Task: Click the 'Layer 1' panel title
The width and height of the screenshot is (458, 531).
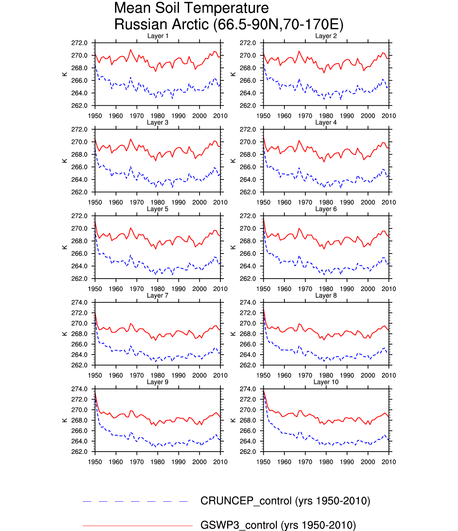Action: pyautogui.click(x=158, y=36)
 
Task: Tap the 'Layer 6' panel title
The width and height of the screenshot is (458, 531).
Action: pyautogui.click(x=326, y=209)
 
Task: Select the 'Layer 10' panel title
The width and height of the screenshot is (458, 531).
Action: pyautogui.click(x=326, y=382)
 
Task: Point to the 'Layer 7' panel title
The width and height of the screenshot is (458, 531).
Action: pyautogui.click(x=158, y=295)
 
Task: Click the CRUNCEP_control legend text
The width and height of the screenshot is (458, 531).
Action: pyautogui.click(x=285, y=501)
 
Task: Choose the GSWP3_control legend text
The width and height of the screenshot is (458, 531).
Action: pyautogui.click(x=278, y=525)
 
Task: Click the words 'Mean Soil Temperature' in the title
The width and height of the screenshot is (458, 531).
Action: pyautogui.click(x=191, y=8)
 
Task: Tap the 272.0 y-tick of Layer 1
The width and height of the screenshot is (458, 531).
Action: pyautogui.click(x=79, y=43)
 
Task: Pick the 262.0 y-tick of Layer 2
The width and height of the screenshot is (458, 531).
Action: pyautogui.click(x=248, y=106)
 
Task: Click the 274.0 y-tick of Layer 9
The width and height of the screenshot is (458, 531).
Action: pyautogui.click(x=79, y=389)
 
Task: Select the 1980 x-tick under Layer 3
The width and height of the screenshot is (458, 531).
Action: pyautogui.click(x=158, y=202)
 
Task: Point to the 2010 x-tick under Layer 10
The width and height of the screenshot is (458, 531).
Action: pyautogui.click(x=389, y=462)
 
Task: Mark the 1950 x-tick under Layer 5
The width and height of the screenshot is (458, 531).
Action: pyautogui.click(x=95, y=289)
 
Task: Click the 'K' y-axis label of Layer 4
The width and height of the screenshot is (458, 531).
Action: pyautogui.click(x=233, y=161)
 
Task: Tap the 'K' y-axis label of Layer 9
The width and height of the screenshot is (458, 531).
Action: pyautogui.click(x=65, y=420)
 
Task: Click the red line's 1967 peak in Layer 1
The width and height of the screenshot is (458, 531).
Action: pyautogui.click(x=131, y=50)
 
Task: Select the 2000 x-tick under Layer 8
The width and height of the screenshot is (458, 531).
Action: pyautogui.click(x=368, y=375)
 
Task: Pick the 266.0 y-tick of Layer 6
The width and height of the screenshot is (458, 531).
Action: pyautogui.click(x=248, y=254)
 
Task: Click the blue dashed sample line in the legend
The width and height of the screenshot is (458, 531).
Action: pyautogui.click(x=135, y=501)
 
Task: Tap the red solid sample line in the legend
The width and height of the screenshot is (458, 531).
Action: pyautogui.click(x=138, y=526)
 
